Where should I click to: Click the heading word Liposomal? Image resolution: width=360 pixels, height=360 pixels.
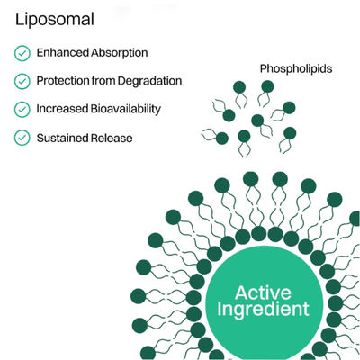click(55, 20)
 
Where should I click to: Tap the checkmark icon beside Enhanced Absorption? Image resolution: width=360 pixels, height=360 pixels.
click(22, 53)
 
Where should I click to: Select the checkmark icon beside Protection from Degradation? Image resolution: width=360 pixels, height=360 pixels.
click(22, 81)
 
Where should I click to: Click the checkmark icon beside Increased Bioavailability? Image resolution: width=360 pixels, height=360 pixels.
click(22, 110)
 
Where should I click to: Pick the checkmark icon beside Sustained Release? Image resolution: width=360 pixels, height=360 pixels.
click(22, 138)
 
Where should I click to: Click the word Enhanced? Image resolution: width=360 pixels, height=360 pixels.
click(63, 53)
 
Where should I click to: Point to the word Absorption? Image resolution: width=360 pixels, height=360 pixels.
click(120, 53)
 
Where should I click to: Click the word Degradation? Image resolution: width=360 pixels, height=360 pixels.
click(149, 81)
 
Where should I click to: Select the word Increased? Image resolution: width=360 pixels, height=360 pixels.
click(62, 109)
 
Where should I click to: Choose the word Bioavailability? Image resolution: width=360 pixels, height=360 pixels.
click(126, 109)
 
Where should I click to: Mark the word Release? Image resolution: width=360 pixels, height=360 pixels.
click(112, 139)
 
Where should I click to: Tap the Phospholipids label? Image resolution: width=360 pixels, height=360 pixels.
click(296, 69)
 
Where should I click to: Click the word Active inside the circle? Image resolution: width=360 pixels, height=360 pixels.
click(263, 292)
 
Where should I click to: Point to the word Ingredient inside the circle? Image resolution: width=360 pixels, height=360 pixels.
click(263, 310)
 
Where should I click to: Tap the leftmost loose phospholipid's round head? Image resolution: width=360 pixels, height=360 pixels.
click(222, 139)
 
